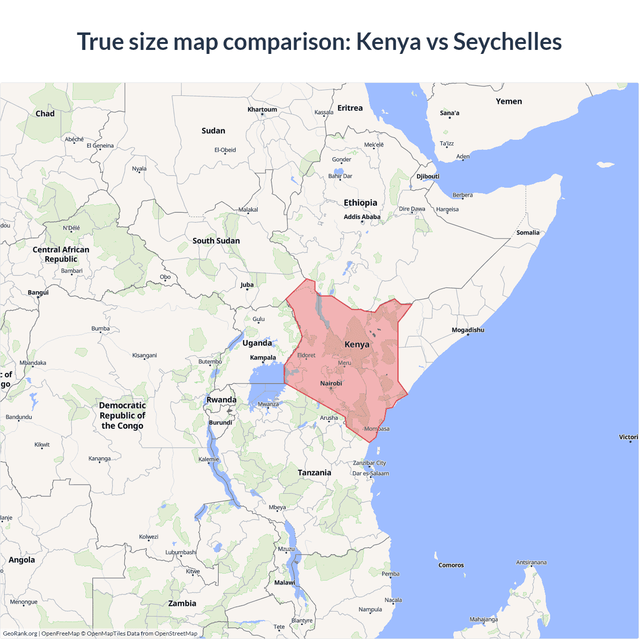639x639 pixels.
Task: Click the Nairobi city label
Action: pyautogui.click(x=331, y=383)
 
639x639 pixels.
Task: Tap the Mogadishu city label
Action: pyautogui.click(x=468, y=330)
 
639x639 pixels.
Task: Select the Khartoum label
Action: pyautogui.click(x=262, y=109)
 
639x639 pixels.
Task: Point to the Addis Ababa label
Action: pyautogui.click(x=362, y=217)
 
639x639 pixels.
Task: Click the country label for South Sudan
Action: pyautogui.click(x=216, y=241)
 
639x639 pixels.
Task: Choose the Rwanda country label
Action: pyautogui.click(x=222, y=400)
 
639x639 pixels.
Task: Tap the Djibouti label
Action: pyautogui.click(x=428, y=176)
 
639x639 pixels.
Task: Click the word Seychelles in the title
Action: pyautogui.click(x=507, y=41)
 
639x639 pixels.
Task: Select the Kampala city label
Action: pyautogui.click(x=263, y=357)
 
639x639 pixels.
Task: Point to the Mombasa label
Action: pyautogui.click(x=377, y=429)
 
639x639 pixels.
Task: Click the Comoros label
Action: pyautogui.click(x=451, y=565)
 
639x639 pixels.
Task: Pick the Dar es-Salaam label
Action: pyautogui.click(x=370, y=473)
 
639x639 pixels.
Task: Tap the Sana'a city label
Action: pyautogui.click(x=449, y=113)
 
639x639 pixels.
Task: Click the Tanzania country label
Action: pyautogui.click(x=315, y=473)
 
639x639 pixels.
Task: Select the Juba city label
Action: pyautogui.click(x=247, y=285)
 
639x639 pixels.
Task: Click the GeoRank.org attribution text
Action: pyautogui.click(x=20, y=634)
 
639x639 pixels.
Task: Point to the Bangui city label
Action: pyautogui.click(x=38, y=293)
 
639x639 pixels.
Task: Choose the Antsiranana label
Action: pyautogui.click(x=531, y=562)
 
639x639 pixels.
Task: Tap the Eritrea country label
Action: pyautogui.click(x=350, y=108)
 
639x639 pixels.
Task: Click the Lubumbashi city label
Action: pyautogui.click(x=181, y=552)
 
